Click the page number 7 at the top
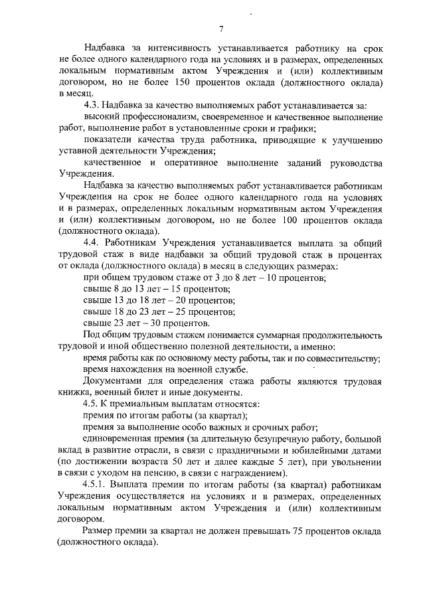[x=220, y=27]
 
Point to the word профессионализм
[x=168, y=117]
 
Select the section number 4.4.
[x=92, y=243]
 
